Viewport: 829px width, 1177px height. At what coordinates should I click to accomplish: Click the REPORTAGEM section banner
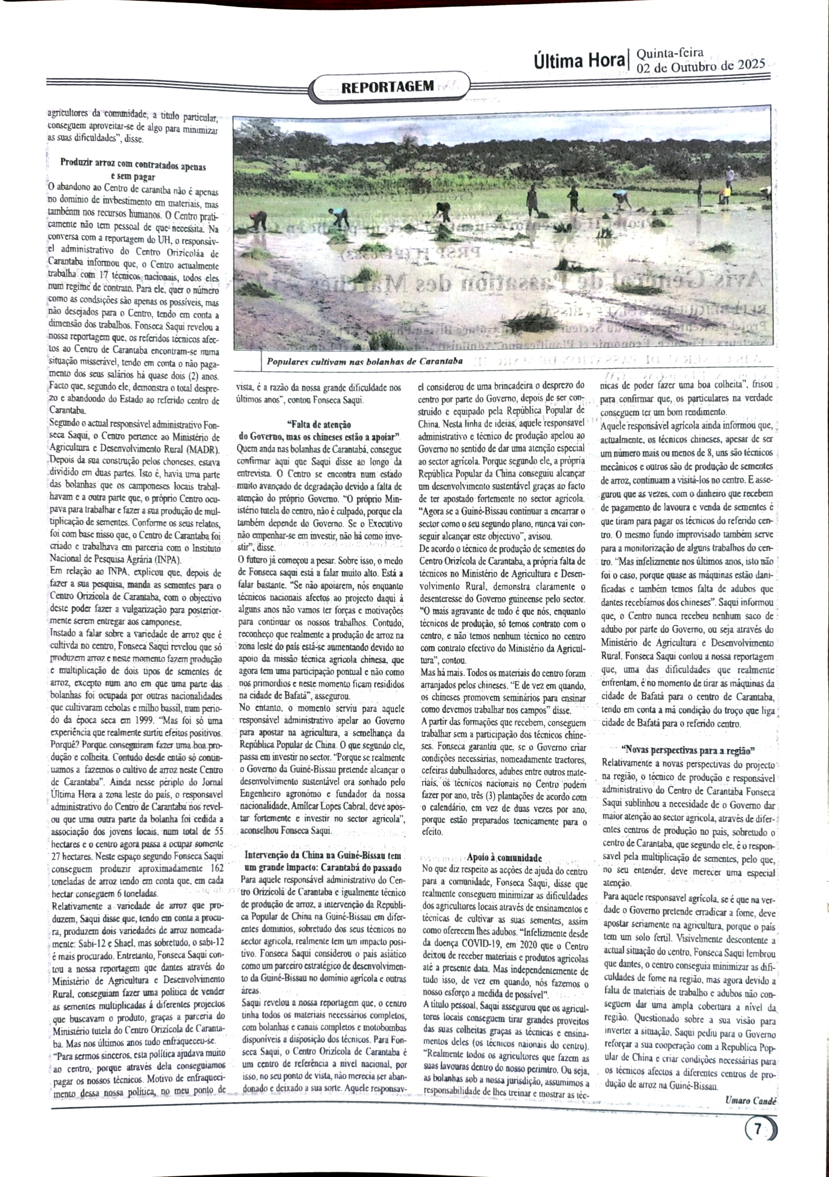click(388, 86)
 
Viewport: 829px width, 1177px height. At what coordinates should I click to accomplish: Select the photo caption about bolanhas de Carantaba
click(364, 361)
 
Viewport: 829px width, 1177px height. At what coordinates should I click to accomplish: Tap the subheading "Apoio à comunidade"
click(504, 856)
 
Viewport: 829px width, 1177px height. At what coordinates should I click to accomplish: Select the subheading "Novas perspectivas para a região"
click(688, 751)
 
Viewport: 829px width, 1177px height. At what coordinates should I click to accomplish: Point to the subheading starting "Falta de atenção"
click(318, 425)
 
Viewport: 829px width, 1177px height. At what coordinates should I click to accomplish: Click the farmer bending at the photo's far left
click(257, 220)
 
